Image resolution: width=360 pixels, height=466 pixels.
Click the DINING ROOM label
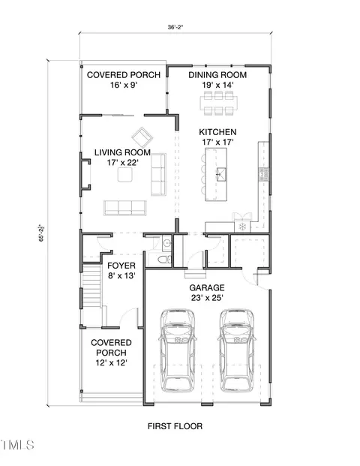coord(217,74)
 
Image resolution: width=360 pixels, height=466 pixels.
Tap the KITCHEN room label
coord(217,132)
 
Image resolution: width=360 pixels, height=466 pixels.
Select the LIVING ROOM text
coord(123,152)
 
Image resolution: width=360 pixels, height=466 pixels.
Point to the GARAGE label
coord(207,287)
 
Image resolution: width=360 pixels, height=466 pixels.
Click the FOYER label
coord(121,266)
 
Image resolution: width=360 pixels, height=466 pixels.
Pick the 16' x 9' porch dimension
coord(124,86)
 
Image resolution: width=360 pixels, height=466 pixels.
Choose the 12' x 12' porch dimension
coord(112,363)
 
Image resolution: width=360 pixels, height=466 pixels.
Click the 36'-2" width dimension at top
coord(175,27)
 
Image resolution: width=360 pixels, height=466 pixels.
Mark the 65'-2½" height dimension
coord(42,233)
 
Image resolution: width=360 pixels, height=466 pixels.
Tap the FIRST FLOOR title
coord(175,426)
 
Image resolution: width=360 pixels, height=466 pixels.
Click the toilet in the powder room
coord(164,260)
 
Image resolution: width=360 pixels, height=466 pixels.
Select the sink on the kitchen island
coord(221,174)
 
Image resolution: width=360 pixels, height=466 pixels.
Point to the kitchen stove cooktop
coord(243,227)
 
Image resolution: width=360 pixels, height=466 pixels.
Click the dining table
coord(218,104)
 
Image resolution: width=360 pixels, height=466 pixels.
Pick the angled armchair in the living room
coord(142,137)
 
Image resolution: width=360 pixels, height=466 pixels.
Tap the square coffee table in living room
coord(124,174)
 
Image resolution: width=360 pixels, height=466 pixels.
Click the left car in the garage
coord(178,350)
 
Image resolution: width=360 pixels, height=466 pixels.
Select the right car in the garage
coord(237,350)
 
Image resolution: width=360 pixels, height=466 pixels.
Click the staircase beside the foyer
coord(91,286)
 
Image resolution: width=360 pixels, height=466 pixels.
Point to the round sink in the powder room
coord(167,244)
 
